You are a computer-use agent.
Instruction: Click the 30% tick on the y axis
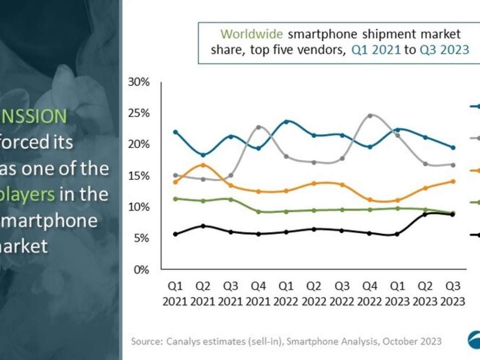click(x=138, y=82)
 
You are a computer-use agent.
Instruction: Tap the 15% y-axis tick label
click(x=138, y=176)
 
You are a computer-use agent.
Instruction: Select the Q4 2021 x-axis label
click(x=258, y=293)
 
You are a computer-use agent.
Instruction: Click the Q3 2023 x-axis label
click(x=453, y=293)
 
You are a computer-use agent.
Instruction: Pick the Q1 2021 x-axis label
click(x=175, y=293)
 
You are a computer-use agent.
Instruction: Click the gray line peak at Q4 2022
click(x=370, y=116)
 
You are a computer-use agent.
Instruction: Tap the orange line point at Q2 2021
click(x=203, y=165)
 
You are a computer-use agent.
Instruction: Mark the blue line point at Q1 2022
click(x=286, y=121)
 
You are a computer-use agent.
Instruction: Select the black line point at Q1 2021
click(x=175, y=234)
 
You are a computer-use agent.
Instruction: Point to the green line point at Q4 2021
click(x=258, y=212)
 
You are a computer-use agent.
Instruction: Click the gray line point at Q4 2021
click(x=258, y=127)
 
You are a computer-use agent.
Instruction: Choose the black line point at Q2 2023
click(x=425, y=214)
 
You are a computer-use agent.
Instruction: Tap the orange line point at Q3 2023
click(x=453, y=181)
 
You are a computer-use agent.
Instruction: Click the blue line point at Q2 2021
click(x=203, y=155)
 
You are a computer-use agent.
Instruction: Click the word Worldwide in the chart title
click(x=248, y=34)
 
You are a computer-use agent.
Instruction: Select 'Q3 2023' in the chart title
click(x=444, y=50)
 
